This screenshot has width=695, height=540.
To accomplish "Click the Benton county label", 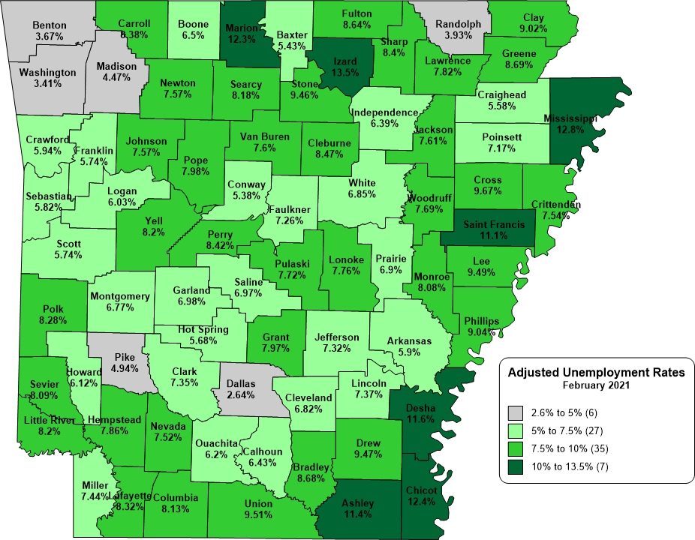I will pyautogui.click(x=50, y=25).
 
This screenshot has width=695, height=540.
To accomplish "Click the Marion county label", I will pyautogui.click(x=242, y=29).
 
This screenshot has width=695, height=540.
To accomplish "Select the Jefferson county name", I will pyautogui.click(x=336, y=337).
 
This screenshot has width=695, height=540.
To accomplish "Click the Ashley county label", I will pyautogui.click(x=357, y=502).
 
